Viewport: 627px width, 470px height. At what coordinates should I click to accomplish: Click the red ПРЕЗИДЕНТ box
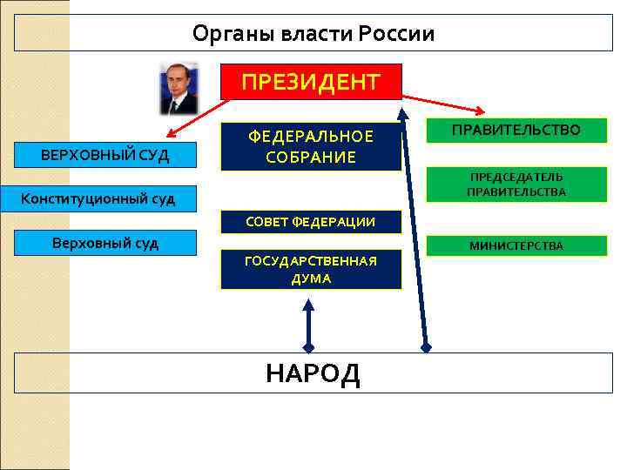click(x=311, y=82)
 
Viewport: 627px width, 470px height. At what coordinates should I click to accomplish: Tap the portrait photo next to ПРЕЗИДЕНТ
click(x=179, y=88)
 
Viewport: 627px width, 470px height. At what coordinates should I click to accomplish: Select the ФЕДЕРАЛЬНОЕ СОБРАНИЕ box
click(x=311, y=146)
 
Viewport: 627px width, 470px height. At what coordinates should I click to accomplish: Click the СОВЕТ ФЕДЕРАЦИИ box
click(x=311, y=222)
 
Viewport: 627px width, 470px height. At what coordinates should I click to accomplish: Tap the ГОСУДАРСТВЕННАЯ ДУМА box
click(x=311, y=270)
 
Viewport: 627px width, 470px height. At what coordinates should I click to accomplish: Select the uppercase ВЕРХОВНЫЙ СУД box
click(x=105, y=156)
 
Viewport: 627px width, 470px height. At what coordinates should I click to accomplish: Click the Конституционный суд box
click(x=98, y=198)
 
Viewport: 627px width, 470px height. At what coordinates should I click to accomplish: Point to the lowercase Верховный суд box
click(x=106, y=243)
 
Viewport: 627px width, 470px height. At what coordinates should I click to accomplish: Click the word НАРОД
click(x=313, y=373)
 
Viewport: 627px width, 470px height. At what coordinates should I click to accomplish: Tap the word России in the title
click(x=397, y=34)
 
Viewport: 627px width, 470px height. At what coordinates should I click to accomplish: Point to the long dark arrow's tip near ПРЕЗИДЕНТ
click(x=402, y=112)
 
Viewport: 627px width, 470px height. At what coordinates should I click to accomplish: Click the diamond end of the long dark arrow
click(x=426, y=346)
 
